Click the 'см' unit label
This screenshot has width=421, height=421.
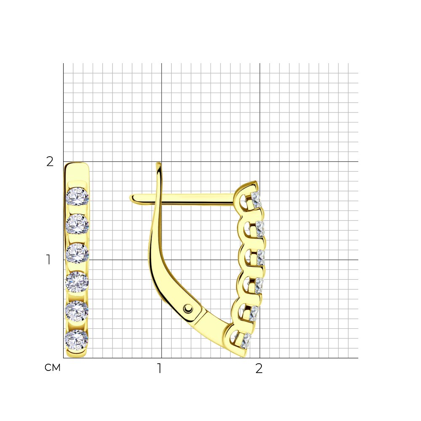click(52, 368)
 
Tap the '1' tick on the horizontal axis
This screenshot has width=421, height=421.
click(160, 368)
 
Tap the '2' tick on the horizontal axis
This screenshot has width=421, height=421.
click(259, 368)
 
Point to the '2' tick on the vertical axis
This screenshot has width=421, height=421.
click(50, 161)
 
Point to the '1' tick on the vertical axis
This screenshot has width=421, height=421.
click(48, 260)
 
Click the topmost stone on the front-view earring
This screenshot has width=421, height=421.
click(77, 197)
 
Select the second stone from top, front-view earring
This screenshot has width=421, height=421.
click(77, 224)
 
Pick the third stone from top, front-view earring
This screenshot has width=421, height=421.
click(77, 253)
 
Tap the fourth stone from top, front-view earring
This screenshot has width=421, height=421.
click(77, 282)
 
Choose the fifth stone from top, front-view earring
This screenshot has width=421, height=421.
click(77, 311)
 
